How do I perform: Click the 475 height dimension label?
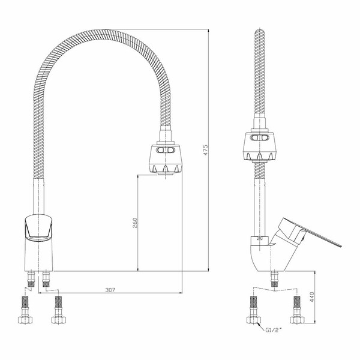(206, 150)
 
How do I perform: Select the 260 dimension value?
(135, 223)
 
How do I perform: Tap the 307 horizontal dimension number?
(110, 290)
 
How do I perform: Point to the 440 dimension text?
(312, 297)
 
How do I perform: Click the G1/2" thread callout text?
(273, 330)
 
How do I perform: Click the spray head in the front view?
(166, 159)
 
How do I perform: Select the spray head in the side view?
(259, 146)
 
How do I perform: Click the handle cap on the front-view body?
(38, 228)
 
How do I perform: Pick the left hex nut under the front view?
(25, 320)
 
